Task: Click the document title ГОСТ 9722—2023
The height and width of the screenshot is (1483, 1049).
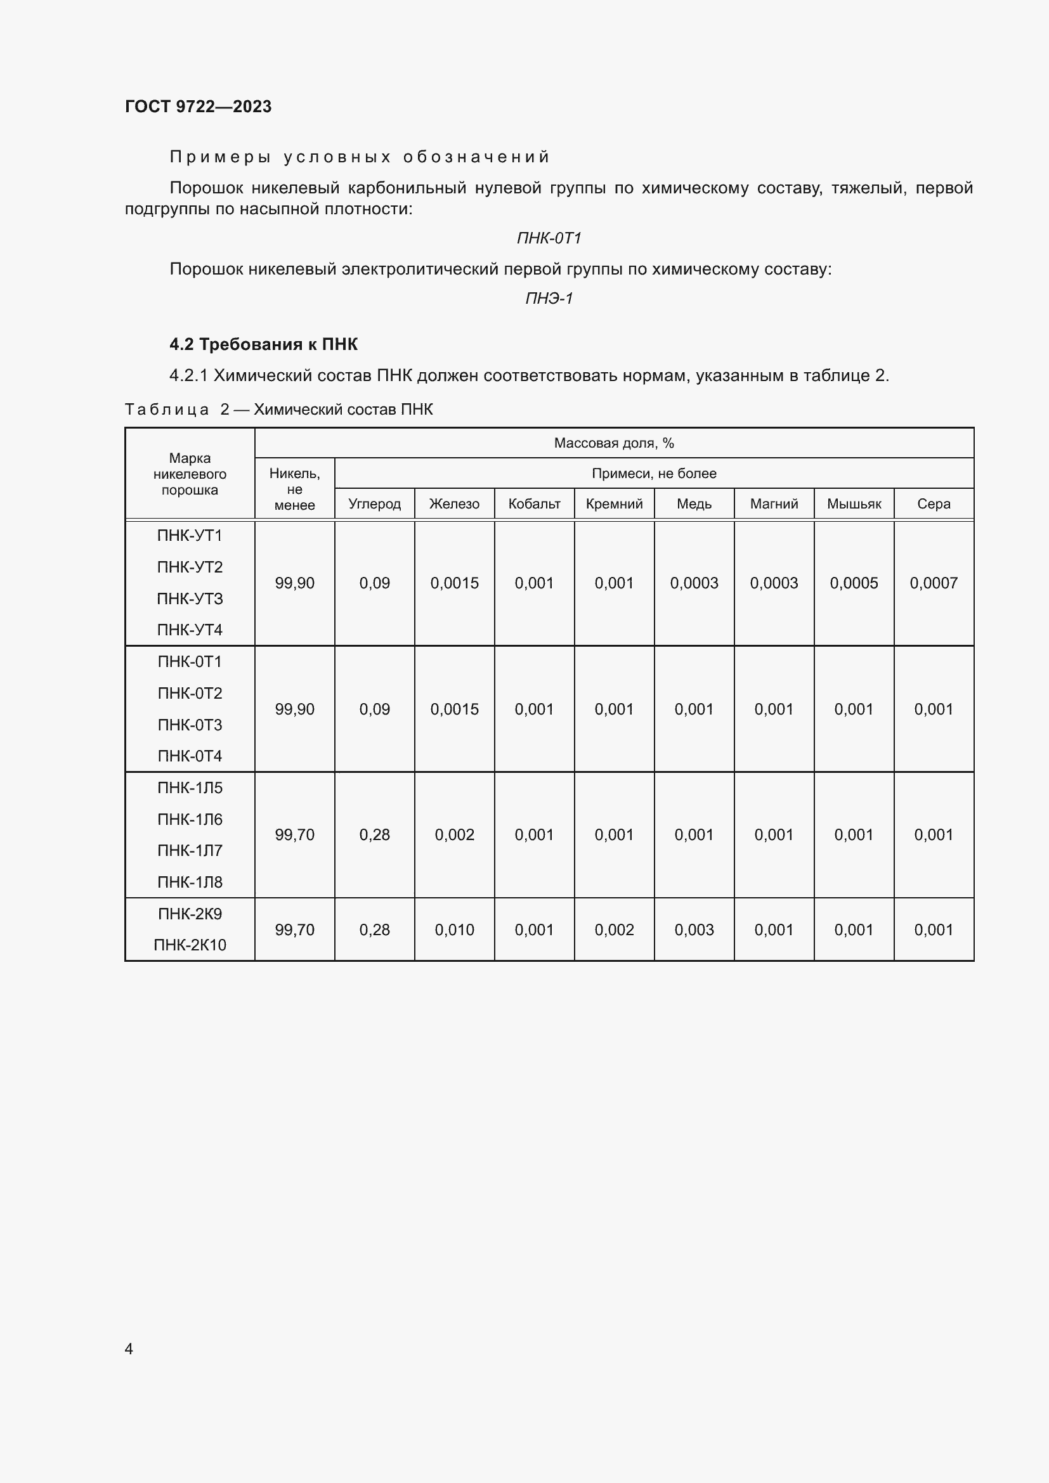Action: [x=199, y=107]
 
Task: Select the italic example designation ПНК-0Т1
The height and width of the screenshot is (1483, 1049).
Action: [x=549, y=238]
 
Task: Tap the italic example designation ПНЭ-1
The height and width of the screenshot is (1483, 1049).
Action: [x=549, y=299]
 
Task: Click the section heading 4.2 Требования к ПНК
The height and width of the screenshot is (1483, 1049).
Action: [x=264, y=344]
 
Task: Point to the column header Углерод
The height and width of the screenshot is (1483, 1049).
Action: [x=375, y=504]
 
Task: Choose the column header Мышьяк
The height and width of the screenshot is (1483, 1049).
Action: [x=854, y=504]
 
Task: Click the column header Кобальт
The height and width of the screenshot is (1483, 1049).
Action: [x=534, y=504]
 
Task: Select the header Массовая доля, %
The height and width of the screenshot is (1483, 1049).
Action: [x=614, y=443]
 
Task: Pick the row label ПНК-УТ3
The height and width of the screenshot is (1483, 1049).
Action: [x=190, y=599]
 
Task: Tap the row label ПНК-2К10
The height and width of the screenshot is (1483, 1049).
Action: [x=190, y=945]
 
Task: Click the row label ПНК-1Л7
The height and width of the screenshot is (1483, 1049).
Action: [x=190, y=851]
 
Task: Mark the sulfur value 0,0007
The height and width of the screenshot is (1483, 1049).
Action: [x=934, y=583]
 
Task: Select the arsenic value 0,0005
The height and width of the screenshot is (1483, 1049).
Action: [x=854, y=583]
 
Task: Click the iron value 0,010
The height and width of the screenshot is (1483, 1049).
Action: [x=454, y=930]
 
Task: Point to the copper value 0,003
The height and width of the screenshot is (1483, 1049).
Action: [x=694, y=930]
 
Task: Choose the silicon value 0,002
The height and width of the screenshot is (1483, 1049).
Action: [x=615, y=930]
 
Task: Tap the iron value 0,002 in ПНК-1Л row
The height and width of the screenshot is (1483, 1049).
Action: [x=454, y=835]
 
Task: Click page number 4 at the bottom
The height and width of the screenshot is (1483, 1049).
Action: [x=129, y=1349]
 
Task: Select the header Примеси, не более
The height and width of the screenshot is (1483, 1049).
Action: [x=654, y=474]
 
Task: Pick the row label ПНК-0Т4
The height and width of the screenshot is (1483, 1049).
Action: [x=190, y=756]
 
